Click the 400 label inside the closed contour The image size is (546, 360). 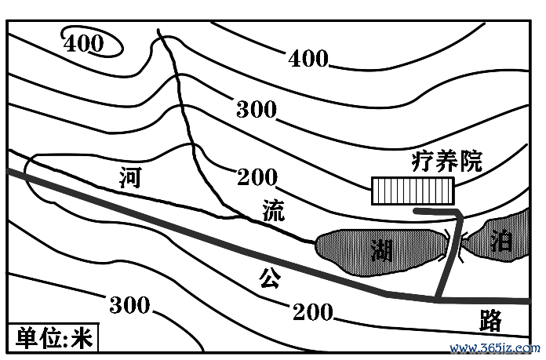point(84,43)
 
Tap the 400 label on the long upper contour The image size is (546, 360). point(308,58)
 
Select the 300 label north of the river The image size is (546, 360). point(257,109)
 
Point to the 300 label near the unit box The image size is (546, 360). point(129,304)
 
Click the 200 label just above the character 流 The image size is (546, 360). point(257,177)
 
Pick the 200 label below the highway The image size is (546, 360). point(313,311)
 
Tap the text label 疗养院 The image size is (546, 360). point(447,162)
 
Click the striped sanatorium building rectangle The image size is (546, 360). point(413,191)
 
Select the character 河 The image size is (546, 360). point(130,177)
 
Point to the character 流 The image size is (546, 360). point(274,210)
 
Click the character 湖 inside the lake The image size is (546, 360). point(382,250)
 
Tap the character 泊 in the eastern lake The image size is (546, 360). point(501,241)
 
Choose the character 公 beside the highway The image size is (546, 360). point(270,278)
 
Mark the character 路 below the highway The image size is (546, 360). point(490,320)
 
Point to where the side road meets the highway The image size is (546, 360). point(438,299)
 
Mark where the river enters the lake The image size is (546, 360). point(316,242)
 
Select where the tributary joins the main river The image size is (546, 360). point(239,216)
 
